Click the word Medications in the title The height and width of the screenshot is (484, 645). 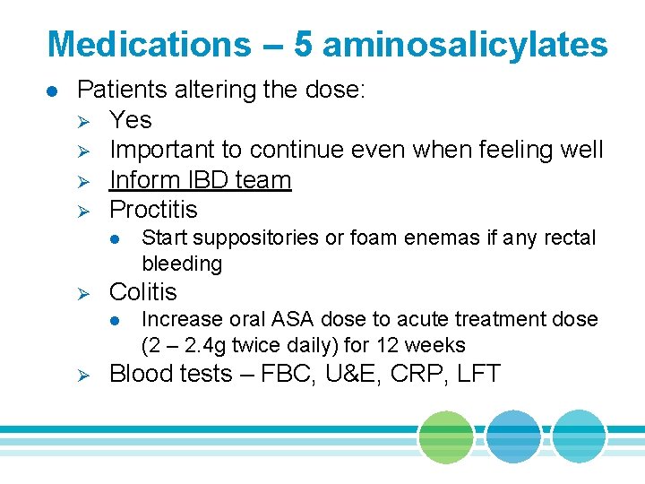[x=149, y=44]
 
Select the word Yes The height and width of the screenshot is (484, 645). [x=130, y=120]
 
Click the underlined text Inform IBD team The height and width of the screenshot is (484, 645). [x=200, y=180]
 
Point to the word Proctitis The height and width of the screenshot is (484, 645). [x=153, y=210]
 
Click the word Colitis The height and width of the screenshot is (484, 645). [x=142, y=292]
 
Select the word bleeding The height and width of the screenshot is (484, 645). [x=182, y=264]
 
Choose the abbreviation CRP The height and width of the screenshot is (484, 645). [x=421, y=374]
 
